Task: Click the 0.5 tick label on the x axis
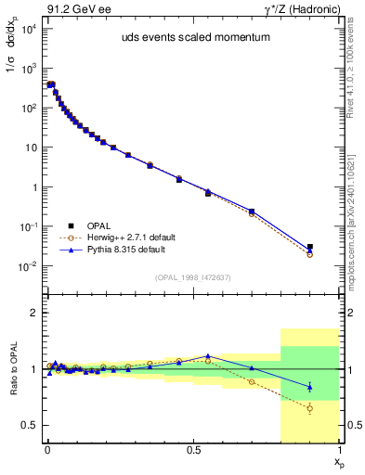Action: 192,450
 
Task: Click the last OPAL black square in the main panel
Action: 310,248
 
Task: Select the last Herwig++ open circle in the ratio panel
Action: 310,408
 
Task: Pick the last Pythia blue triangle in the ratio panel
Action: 310,386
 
